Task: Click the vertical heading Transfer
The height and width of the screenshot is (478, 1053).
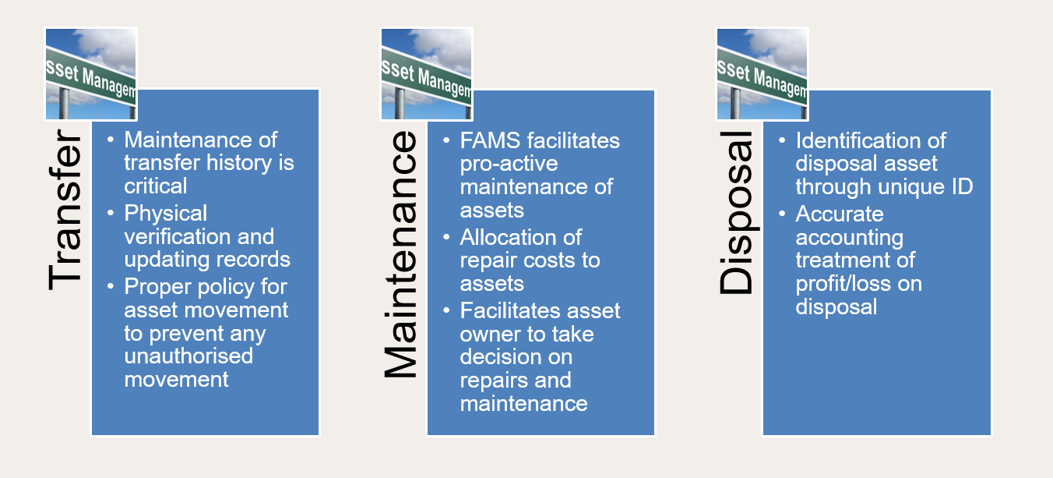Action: click(x=64, y=213)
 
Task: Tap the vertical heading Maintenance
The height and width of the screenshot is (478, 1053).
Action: click(x=401, y=255)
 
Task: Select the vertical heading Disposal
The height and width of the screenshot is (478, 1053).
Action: click(x=736, y=213)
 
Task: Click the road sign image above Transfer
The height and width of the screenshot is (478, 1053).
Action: click(x=91, y=74)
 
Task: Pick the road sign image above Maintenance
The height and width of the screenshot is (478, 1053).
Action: click(x=426, y=74)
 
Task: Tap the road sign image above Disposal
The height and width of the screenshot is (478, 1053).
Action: click(x=762, y=74)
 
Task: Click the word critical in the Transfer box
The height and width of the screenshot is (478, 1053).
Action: click(x=156, y=186)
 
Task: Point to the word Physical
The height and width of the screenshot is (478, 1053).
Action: click(x=166, y=214)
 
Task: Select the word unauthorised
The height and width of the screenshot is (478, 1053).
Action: click(x=188, y=356)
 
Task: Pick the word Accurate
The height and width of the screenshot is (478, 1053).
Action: click(x=840, y=214)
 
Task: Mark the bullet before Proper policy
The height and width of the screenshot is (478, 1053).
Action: click(x=111, y=286)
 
